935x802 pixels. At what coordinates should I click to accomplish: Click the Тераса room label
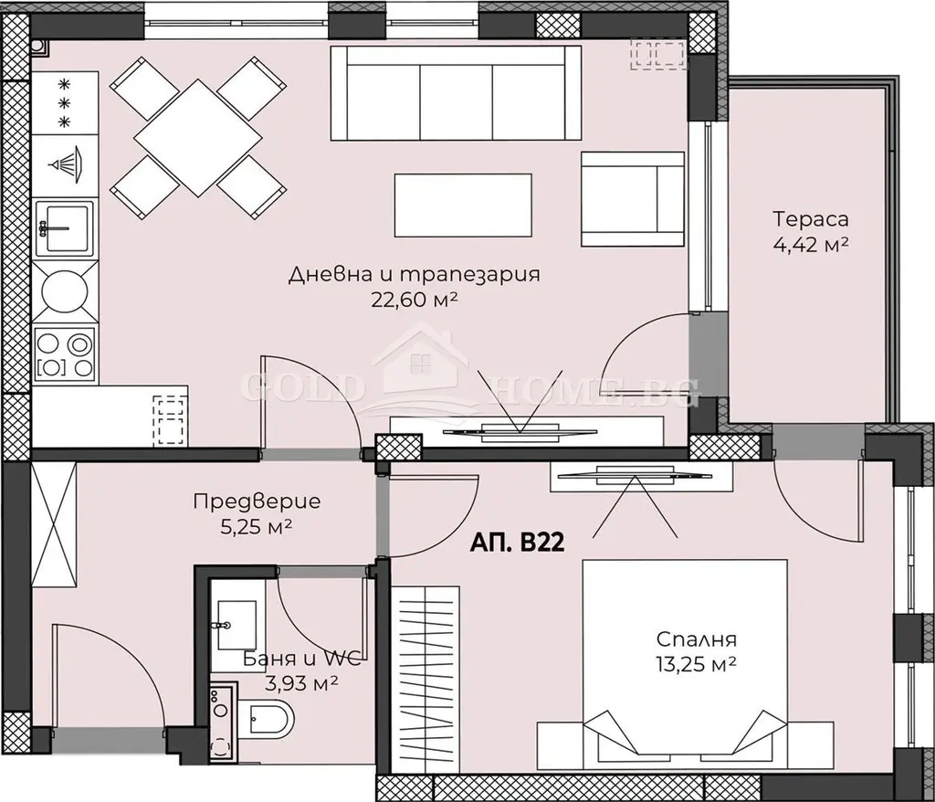(811, 219)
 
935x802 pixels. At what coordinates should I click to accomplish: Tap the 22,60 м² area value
(414, 300)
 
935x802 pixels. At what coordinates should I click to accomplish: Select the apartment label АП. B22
(517, 543)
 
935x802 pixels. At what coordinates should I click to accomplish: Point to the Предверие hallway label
(257, 501)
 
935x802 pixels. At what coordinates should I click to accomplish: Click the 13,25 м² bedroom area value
(696, 663)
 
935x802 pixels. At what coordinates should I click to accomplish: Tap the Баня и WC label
(301, 659)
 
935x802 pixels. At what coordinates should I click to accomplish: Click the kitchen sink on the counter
(65, 227)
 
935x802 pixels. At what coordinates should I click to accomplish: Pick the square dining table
(197, 138)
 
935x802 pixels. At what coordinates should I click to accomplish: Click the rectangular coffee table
(463, 206)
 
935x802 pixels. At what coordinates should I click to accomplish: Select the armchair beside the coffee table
(632, 199)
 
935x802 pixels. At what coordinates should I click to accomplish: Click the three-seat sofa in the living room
(456, 94)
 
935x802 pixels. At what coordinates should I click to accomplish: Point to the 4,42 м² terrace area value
(811, 245)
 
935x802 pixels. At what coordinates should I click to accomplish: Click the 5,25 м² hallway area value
(257, 527)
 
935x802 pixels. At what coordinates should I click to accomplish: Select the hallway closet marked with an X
(54, 526)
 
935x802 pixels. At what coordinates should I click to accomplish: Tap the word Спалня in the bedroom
(696, 639)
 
